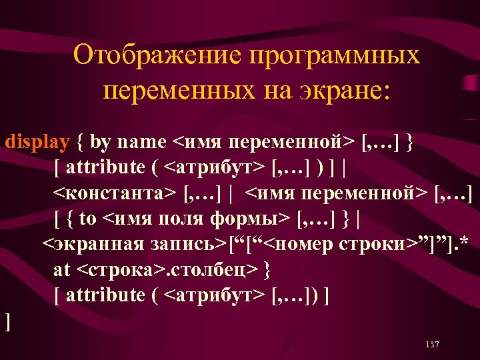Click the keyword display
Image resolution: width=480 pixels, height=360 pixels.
click(37, 141)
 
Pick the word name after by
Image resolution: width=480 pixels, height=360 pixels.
click(144, 141)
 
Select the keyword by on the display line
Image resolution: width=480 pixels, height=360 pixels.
click(101, 141)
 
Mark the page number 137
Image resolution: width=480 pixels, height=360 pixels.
click(431, 344)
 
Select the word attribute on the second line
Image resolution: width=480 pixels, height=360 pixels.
click(105, 167)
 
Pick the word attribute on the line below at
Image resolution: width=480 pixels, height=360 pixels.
click(105, 295)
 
